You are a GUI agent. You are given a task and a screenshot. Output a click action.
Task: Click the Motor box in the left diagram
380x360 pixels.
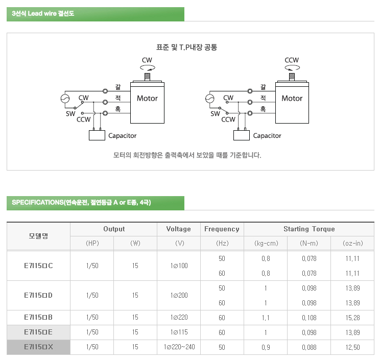(x=147, y=102)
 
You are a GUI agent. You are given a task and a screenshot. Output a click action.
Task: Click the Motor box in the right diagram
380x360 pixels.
(x=292, y=102)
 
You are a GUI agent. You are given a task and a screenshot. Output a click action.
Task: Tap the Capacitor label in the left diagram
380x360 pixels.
(x=122, y=136)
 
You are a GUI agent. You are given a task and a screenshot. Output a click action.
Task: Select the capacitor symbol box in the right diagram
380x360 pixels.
(x=241, y=135)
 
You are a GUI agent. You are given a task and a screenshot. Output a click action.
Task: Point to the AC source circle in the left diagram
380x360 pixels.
(x=65, y=99)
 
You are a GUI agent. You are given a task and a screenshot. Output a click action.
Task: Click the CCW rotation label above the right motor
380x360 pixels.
(x=292, y=60)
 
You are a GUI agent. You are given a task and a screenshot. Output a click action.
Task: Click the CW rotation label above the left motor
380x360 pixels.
(x=147, y=60)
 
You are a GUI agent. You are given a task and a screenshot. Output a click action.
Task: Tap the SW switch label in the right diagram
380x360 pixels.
(x=215, y=114)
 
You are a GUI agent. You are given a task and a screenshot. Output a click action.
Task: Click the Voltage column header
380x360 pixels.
(x=178, y=229)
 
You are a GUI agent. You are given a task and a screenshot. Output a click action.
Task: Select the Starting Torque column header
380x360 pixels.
(x=309, y=229)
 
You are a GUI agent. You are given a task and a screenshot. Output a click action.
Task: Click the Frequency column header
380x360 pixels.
(x=222, y=229)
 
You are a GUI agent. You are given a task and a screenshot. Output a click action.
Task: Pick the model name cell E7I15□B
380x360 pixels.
(x=38, y=318)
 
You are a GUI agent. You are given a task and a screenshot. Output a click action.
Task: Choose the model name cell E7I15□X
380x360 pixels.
(x=38, y=347)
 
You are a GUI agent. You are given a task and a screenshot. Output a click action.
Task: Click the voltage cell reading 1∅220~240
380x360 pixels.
(x=179, y=347)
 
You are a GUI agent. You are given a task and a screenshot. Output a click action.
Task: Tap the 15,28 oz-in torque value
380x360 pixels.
(x=352, y=318)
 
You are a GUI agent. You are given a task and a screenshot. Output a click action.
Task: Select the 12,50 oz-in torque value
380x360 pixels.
(x=352, y=347)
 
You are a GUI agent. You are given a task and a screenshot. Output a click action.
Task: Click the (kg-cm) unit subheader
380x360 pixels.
(x=266, y=244)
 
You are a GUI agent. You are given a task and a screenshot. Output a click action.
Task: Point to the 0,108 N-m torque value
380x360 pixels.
(x=309, y=318)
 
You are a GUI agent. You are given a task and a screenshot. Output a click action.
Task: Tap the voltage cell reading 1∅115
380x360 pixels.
(x=179, y=332)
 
